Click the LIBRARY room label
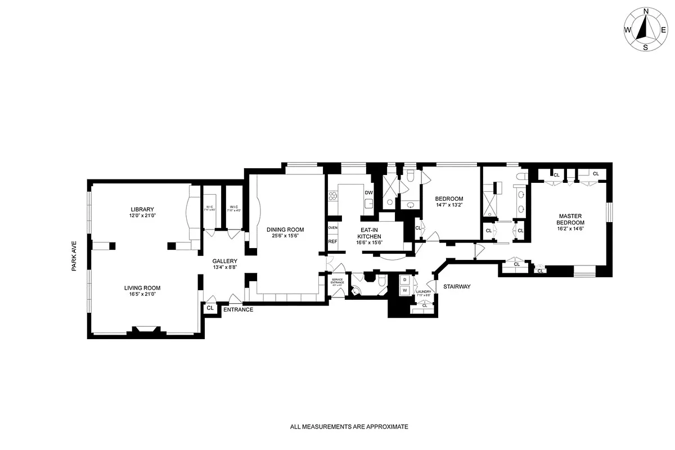142,209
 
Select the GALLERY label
224,260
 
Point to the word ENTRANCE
238,309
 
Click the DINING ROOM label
285,229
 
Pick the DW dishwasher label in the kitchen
369,193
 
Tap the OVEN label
332,227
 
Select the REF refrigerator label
332,241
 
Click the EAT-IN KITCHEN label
370,233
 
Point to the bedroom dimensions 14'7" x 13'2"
449,205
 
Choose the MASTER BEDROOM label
570,219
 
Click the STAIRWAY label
456,286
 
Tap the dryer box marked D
404,280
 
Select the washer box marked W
404,290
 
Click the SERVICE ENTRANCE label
337,282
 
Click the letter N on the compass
646,11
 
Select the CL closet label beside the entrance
210,308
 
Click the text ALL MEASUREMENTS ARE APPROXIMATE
349,427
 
